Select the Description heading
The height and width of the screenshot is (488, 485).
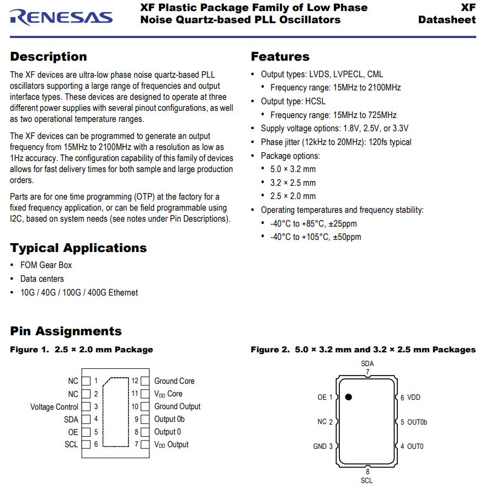(49, 57)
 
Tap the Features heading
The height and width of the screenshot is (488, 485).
(280, 57)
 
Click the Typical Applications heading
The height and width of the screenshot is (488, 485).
(78, 248)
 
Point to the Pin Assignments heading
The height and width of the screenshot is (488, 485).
(66, 331)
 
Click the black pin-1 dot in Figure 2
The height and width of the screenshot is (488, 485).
(349, 396)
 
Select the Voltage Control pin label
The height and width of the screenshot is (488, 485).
(54, 407)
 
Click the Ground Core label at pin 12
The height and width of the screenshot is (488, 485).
(174, 381)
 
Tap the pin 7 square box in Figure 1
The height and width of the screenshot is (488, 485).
(145, 444)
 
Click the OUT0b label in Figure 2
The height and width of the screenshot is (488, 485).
(417, 422)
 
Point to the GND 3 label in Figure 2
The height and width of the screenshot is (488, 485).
(323, 446)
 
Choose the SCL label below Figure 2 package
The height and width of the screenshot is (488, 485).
(367, 480)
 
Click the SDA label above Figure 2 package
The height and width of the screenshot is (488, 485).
(367, 364)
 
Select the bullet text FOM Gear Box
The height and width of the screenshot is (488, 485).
(46, 265)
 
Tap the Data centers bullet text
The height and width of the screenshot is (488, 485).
(42, 279)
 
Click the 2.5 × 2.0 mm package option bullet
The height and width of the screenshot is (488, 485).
(293, 196)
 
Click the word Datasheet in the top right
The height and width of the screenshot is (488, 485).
(447, 20)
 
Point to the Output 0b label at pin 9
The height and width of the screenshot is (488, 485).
(169, 419)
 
